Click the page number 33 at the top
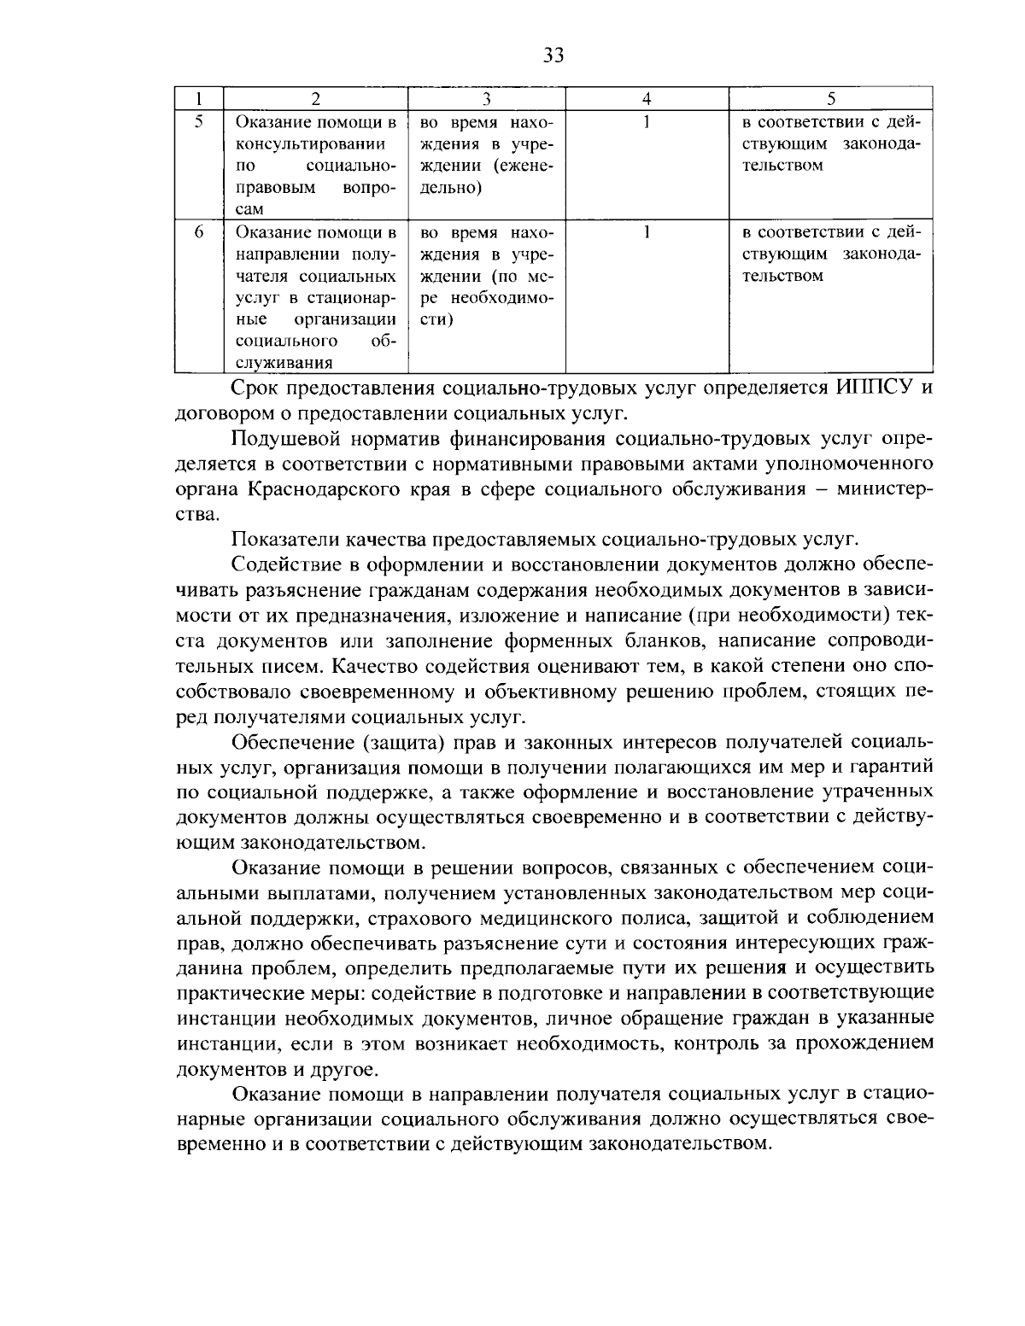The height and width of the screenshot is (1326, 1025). click(x=553, y=55)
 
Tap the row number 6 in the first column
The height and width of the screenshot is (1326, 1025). click(x=198, y=231)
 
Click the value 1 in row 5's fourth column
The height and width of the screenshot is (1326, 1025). click(x=647, y=121)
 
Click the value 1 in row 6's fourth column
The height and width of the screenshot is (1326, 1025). click(x=647, y=231)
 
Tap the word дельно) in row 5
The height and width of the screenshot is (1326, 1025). click(x=452, y=188)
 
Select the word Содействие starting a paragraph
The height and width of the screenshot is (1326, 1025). click(x=282, y=565)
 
